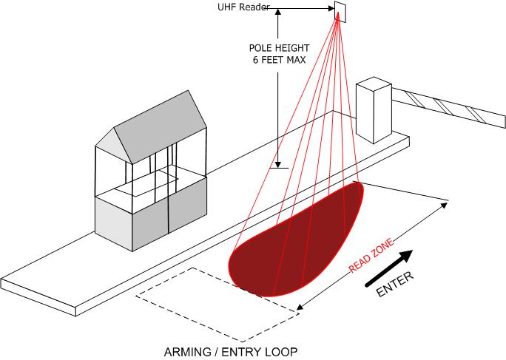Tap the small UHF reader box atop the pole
(340, 9)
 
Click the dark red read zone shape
(296, 244)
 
